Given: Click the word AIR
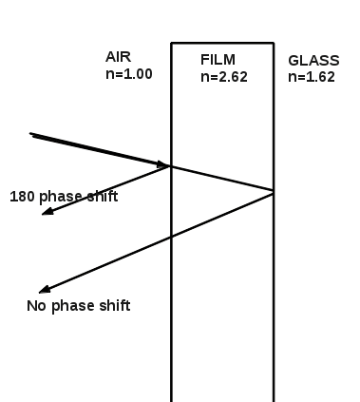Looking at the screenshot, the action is coord(118,57).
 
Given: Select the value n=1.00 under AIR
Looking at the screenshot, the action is coord(129,74).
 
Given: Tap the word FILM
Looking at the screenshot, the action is coord(218,60).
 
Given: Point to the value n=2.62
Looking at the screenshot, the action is coord(224,77).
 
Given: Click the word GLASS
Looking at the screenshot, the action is coord(313,61).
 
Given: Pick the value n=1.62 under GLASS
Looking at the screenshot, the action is coord(312,77).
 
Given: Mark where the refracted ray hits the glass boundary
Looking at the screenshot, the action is coord(274,191).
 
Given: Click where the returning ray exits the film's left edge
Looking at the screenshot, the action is coord(172,237).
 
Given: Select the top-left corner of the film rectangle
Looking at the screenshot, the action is coord(172,43).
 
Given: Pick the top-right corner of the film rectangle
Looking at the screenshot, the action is coord(274,43).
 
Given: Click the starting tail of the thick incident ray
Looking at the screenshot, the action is coord(30,134).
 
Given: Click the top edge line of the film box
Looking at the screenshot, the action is coord(222,43).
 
